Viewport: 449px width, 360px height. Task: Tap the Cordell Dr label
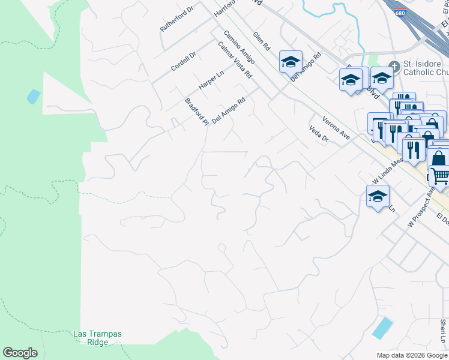tap(183, 61)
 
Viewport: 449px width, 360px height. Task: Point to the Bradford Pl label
tap(196, 112)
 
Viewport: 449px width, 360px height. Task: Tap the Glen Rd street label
tap(262, 41)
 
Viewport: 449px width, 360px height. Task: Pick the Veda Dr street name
tap(319, 134)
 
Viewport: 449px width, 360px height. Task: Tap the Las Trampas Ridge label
tap(91, 338)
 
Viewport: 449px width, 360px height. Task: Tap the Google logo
tap(20, 353)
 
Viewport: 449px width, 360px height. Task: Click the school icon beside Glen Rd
tap(291, 62)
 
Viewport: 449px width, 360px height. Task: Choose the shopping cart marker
tap(440, 176)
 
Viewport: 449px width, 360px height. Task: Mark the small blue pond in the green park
tap(33, 96)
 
